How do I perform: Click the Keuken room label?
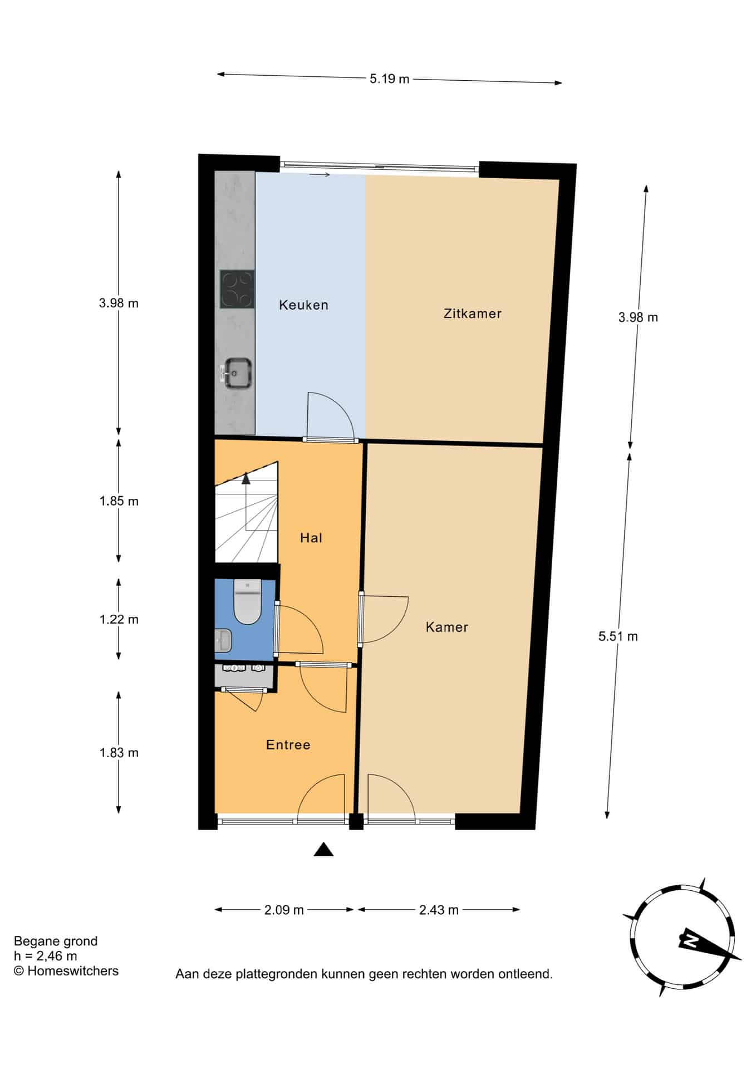(303, 305)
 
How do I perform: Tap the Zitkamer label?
(473, 313)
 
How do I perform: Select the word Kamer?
(446, 627)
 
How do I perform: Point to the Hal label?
(311, 537)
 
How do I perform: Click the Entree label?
(288, 745)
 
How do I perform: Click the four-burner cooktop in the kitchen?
(237, 289)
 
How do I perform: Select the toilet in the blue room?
(247, 602)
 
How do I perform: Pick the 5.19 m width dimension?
(389, 79)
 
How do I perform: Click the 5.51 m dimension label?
(618, 636)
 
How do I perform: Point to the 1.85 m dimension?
(119, 501)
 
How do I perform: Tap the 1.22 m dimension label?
(119, 620)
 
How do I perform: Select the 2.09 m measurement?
(284, 910)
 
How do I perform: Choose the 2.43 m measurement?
(439, 910)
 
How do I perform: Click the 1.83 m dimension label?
(119, 753)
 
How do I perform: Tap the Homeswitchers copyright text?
(66, 971)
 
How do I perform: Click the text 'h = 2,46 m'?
(46, 956)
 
